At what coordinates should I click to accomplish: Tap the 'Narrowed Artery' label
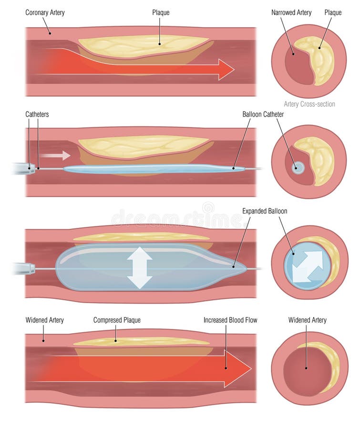coord(291,12)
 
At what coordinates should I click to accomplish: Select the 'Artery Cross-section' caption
coord(309,104)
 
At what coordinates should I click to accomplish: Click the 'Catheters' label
coord(37,114)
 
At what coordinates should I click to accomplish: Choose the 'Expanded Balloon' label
coord(265,211)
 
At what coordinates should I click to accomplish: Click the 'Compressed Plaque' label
coord(116,320)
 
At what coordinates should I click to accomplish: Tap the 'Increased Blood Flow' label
coord(230,320)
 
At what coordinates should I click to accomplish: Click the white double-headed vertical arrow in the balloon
coord(140,268)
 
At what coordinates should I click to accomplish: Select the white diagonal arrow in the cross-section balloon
coord(308,265)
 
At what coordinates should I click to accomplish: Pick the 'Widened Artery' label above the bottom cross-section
coord(307,320)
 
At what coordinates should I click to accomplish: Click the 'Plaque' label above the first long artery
coord(160,12)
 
